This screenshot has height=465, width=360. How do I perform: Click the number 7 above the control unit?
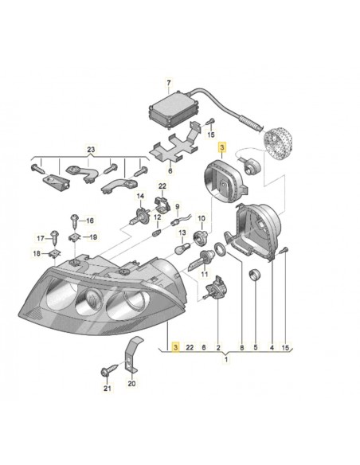[x=168, y=83]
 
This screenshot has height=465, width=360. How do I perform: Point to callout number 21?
[x=108, y=389]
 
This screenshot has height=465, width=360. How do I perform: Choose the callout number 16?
[x=89, y=221]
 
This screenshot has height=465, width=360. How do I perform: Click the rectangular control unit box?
[x=170, y=107]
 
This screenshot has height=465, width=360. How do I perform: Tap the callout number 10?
[x=201, y=219]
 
